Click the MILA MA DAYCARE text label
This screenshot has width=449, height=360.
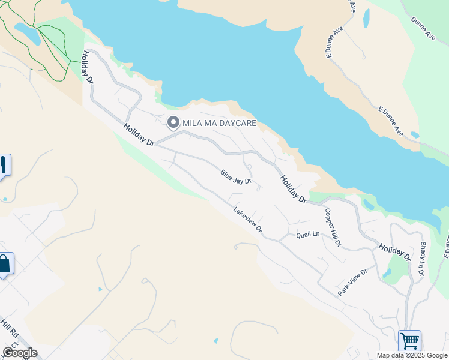tap(220, 123)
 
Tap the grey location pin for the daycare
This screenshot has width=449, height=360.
tap(173, 122)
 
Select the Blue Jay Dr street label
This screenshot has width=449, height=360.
tap(235, 176)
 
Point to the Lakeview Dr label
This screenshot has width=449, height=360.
tap(248, 220)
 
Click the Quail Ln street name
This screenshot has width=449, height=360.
tap(307, 235)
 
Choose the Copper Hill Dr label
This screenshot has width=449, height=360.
tap(333, 227)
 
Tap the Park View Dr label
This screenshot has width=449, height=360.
tap(352, 282)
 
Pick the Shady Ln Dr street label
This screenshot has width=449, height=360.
tap(423, 259)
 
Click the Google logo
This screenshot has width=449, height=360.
tap(20, 353)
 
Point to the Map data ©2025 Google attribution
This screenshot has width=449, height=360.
tap(412, 355)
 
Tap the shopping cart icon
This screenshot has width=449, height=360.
tap(409, 341)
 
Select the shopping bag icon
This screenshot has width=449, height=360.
tap(4, 263)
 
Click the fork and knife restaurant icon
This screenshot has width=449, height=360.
tap(3, 164)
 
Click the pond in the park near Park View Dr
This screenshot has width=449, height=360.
tap(387, 273)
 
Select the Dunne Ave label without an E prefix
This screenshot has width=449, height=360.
tap(423, 28)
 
